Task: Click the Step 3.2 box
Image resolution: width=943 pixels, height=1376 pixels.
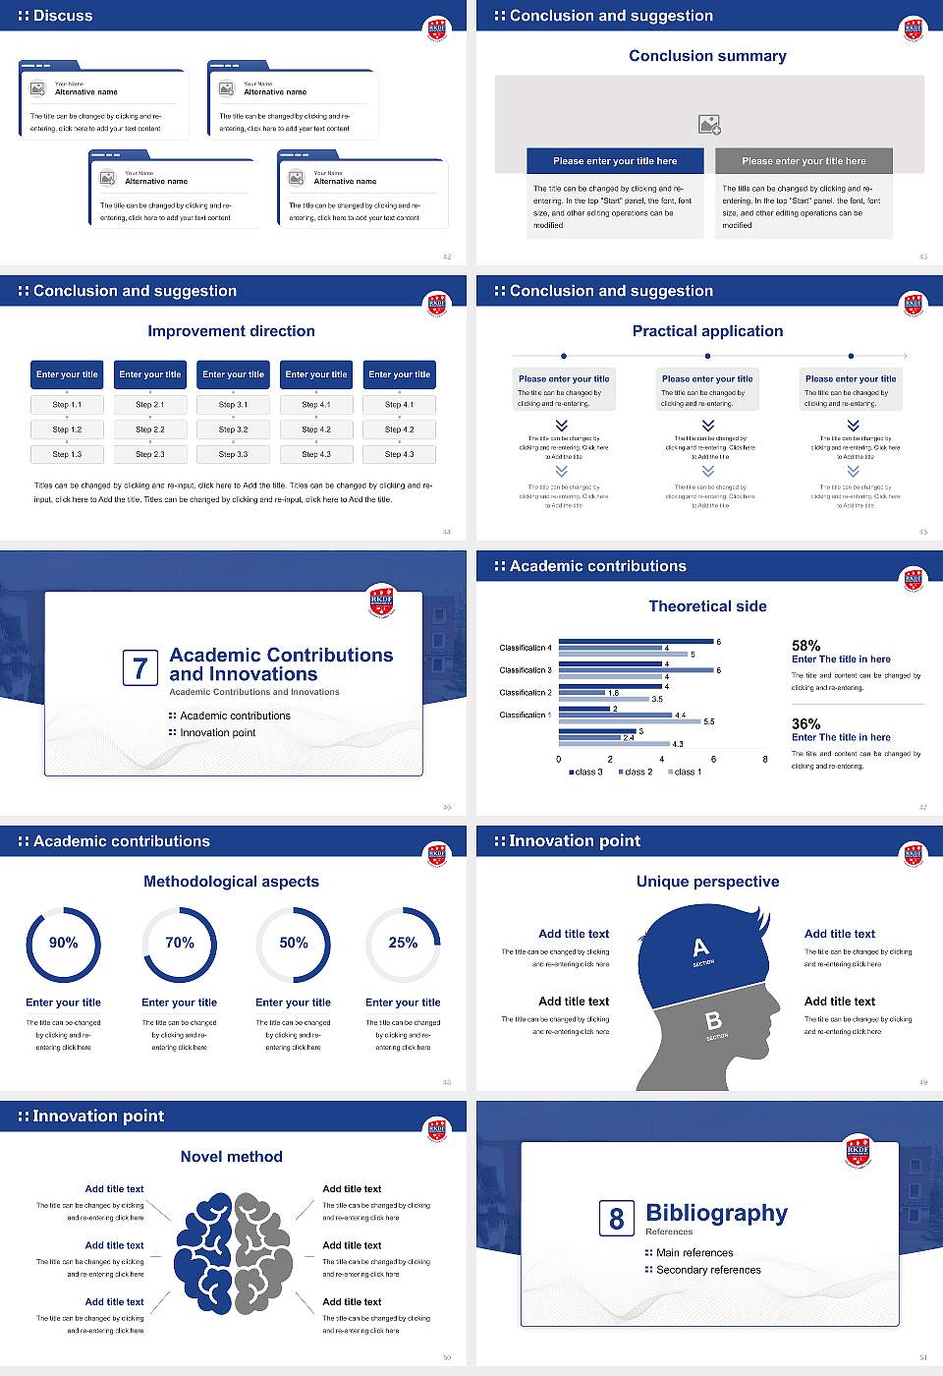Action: point(233,430)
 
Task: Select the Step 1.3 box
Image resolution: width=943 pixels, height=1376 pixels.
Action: point(67,454)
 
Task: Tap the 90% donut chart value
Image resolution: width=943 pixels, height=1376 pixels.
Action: point(64,943)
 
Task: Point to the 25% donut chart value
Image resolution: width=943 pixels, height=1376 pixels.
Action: point(403,943)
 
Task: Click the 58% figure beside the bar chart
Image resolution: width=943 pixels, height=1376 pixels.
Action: point(805,646)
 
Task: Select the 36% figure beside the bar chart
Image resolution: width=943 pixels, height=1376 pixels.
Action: point(805,723)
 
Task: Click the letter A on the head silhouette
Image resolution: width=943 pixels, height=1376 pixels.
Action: point(700,947)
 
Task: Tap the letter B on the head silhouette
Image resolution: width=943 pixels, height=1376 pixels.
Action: point(714,1021)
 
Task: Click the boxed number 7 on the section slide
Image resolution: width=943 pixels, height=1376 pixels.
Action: point(139,668)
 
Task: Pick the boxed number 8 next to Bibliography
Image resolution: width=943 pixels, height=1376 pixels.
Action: point(616,1219)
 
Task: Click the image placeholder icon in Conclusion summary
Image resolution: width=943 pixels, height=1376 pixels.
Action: point(709,124)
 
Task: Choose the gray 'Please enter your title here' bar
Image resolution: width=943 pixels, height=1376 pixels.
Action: point(804,161)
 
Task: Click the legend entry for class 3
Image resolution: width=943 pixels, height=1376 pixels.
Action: point(585,773)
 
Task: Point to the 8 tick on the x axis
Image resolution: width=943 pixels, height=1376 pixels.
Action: point(765,759)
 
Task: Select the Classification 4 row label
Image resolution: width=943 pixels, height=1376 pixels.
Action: point(526,648)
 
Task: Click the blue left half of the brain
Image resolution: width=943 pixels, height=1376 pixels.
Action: point(204,1253)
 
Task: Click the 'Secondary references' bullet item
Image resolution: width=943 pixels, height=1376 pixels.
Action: point(707,1270)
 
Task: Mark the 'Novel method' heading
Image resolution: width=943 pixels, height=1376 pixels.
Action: point(231,1157)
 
